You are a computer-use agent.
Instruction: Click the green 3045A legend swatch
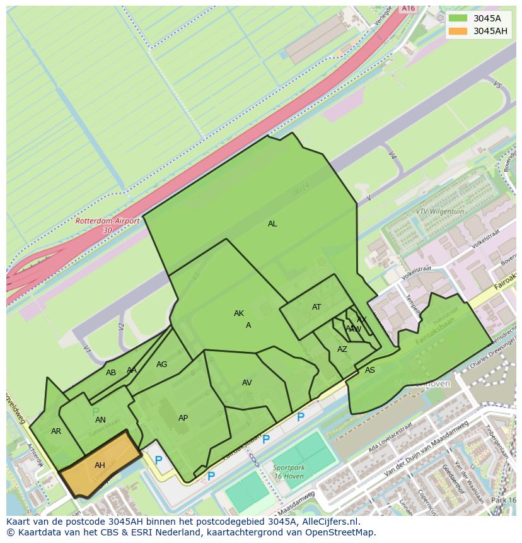458,18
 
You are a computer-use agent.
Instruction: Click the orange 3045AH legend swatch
458,31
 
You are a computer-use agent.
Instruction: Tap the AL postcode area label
272,224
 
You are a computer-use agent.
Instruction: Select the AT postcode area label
316,307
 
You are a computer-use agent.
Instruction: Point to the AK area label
239,313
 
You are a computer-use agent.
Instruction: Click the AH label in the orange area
100,465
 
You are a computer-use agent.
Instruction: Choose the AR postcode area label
56,431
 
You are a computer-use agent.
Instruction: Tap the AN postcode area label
100,420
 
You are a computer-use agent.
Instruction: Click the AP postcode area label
183,418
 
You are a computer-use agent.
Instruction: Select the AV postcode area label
247,383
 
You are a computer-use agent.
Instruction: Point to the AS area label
370,370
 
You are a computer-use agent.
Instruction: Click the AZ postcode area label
342,349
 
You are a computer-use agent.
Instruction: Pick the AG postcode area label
162,365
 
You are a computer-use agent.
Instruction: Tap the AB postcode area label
111,373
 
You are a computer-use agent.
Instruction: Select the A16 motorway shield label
409,8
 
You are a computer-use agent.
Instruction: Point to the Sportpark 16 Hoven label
288,472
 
